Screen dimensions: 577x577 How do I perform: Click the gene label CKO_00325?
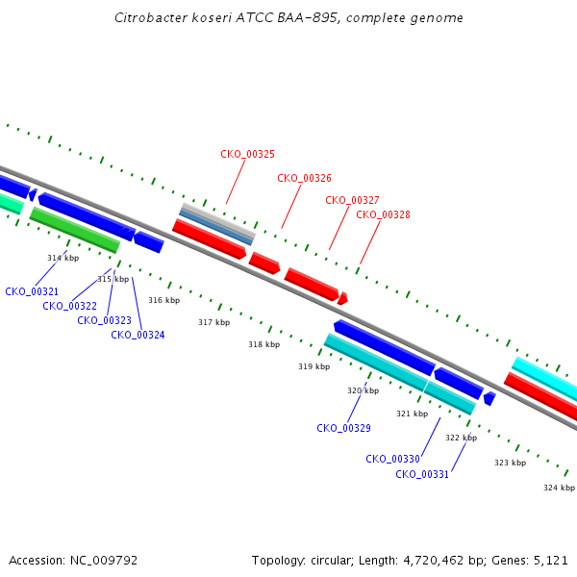(248, 154)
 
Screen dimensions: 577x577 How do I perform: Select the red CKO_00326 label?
(304, 178)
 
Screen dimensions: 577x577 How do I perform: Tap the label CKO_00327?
(352, 200)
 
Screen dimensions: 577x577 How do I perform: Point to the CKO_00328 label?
(383, 214)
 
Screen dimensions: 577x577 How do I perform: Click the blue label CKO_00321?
(32, 291)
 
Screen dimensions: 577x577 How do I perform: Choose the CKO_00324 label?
(138, 335)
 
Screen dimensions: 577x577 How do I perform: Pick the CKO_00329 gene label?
(343, 428)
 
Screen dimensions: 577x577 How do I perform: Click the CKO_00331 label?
(422, 474)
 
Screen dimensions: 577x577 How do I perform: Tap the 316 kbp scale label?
(164, 300)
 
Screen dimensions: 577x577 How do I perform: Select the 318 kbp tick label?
(264, 344)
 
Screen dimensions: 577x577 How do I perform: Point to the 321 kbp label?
(413, 414)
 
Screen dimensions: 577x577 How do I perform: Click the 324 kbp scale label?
(560, 488)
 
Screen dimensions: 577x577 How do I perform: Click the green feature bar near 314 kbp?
(75, 230)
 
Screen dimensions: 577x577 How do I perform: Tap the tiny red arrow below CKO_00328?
(342, 298)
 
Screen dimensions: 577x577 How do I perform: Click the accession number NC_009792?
(104, 561)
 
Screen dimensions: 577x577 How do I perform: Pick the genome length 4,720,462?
(434, 561)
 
